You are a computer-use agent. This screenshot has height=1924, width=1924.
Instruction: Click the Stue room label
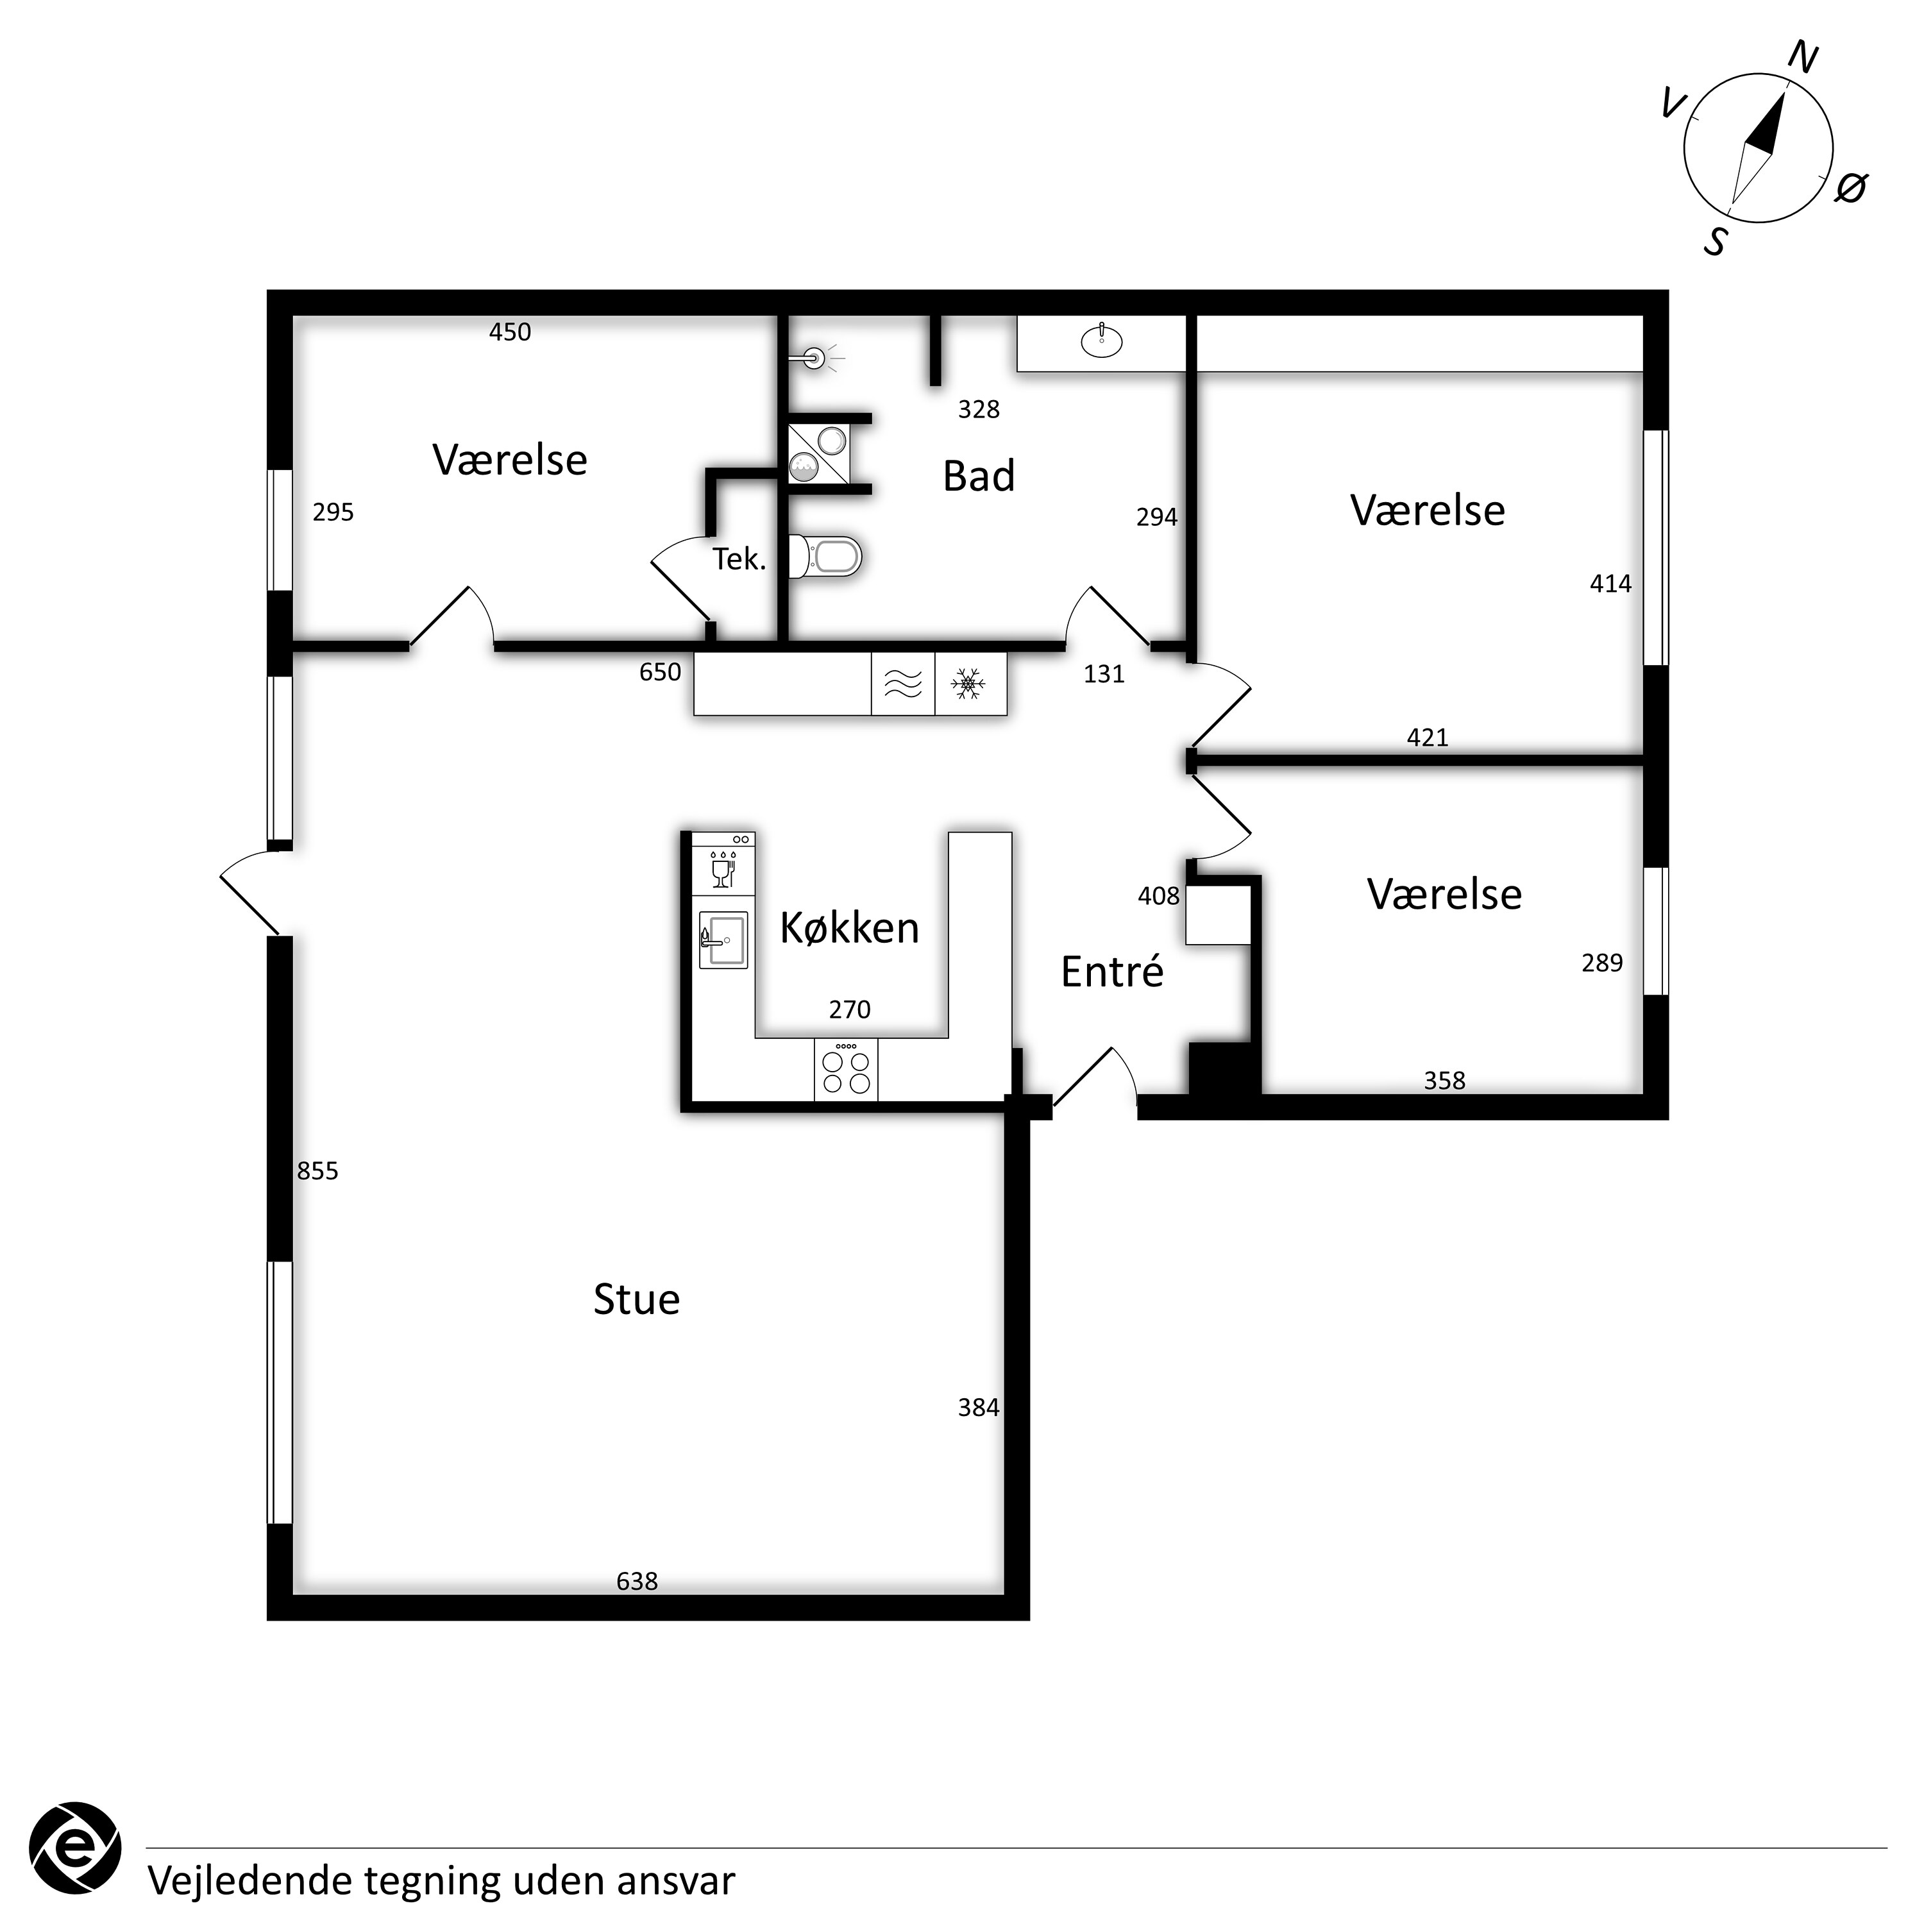coord(636,1299)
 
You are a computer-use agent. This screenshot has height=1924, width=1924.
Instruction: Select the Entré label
coord(1111,971)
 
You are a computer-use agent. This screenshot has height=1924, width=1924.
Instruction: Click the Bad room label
coord(979,476)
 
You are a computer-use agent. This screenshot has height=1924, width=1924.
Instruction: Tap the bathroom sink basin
coord(1101,341)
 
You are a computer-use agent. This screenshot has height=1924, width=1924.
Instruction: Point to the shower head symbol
coord(816,357)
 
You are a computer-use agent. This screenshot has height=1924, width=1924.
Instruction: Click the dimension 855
coord(317,1171)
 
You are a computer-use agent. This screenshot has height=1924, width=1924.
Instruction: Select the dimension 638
coord(637,1582)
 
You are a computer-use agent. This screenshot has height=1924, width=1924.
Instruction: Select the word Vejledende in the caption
coord(251,1881)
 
